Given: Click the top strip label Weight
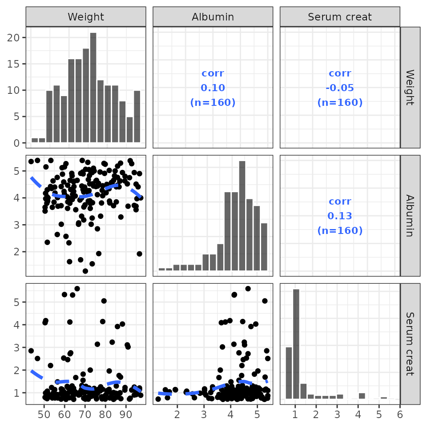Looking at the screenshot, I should [x=86, y=17].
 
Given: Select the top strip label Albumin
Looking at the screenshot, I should [x=213, y=17].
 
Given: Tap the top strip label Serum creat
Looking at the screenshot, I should [x=340, y=17].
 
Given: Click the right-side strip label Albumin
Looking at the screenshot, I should [x=410, y=215].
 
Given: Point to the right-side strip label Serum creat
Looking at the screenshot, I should [x=410, y=343].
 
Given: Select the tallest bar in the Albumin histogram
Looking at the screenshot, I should [x=242, y=215].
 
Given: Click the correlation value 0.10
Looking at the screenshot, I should [x=213, y=88].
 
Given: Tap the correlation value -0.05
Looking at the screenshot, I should [x=340, y=88].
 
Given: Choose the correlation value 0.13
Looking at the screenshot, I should [x=340, y=216].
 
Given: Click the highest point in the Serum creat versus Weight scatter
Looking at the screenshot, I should [x=77, y=289].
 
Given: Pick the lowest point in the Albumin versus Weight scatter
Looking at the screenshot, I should [x=85, y=271].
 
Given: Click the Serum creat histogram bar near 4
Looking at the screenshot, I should [x=362, y=396].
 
